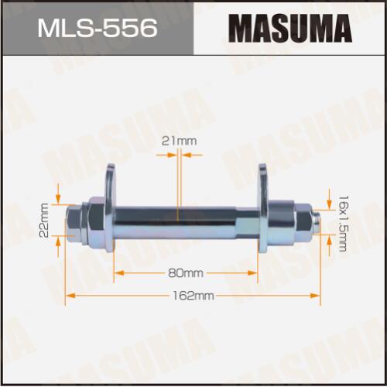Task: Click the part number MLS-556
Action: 98,28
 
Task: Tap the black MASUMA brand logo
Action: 290,29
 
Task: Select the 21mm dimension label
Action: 179,141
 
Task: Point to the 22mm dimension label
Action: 44,220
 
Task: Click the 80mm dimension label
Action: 186,273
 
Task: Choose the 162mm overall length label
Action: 193,296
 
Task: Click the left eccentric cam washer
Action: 111,208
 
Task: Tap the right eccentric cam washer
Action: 263,208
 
